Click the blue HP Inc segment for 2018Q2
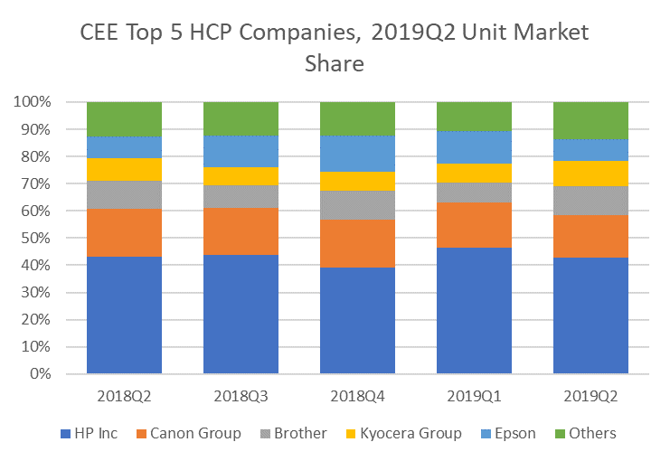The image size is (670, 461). (x=124, y=315)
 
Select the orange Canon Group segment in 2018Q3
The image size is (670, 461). (x=241, y=231)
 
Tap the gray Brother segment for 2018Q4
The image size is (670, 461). (x=357, y=205)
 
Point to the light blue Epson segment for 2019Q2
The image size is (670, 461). (x=590, y=150)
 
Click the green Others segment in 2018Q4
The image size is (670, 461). (x=357, y=118)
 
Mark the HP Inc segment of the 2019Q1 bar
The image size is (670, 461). (x=474, y=310)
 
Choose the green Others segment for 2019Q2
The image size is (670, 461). (x=590, y=120)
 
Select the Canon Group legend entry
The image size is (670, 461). (x=189, y=433)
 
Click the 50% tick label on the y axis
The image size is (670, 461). (x=45, y=239)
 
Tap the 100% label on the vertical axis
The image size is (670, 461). (x=41, y=102)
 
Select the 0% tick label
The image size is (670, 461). (x=49, y=374)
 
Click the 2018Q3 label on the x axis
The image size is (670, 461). (x=241, y=396)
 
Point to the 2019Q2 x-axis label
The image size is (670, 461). (x=590, y=396)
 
